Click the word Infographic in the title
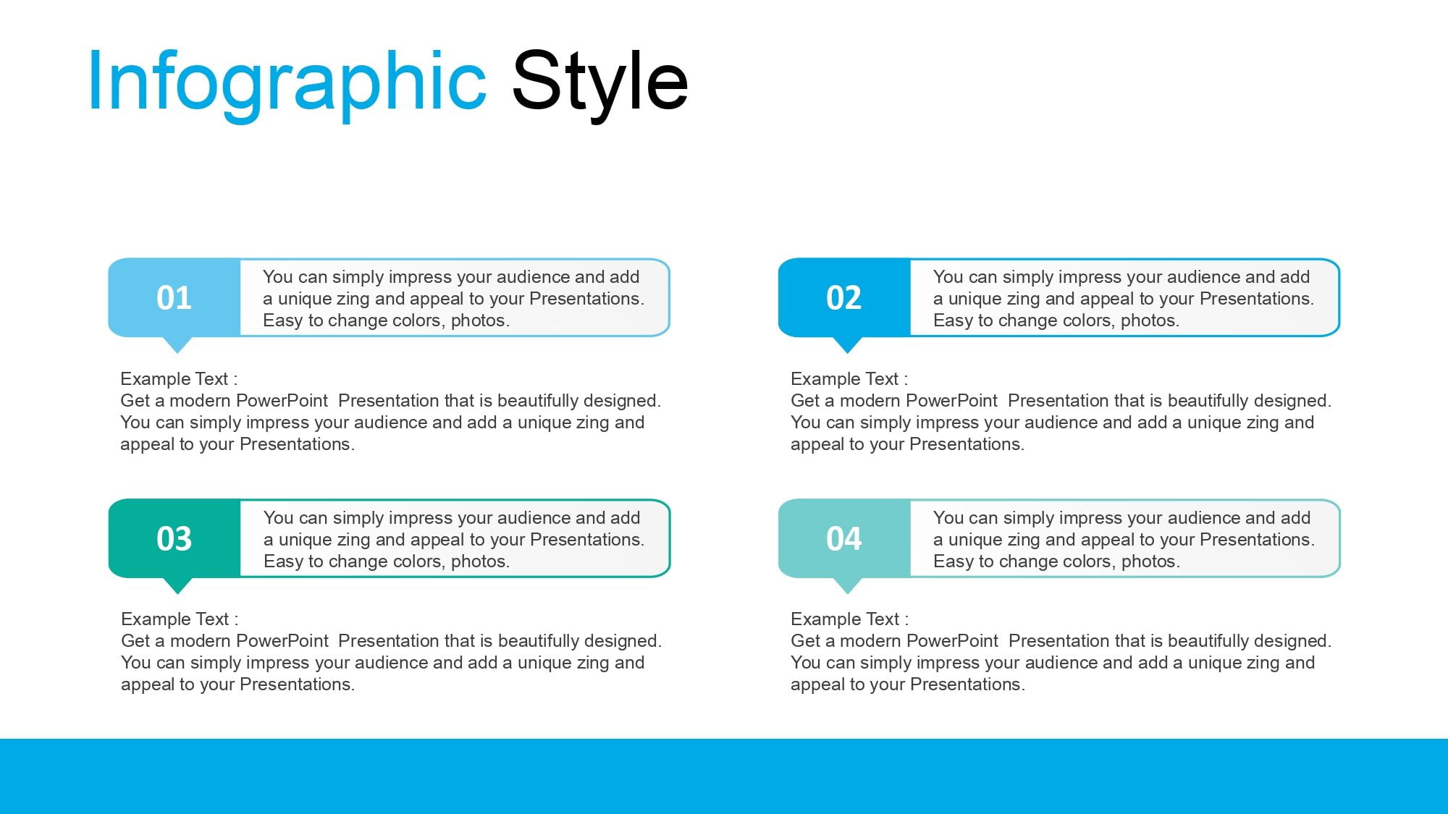point(287,82)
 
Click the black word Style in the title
point(600,82)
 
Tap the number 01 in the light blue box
point(174,298)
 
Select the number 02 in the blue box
point(843,298)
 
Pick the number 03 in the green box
point(174,539)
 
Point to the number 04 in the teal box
point(843,539)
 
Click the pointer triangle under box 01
point(177,344)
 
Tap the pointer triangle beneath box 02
point(847,344)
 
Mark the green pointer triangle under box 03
point(177,585)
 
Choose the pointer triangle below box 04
point(847,585)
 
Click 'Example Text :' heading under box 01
point(179,379)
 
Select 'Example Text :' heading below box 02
point(849,379)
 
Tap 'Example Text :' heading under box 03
point(180,619)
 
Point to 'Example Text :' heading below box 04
point(849,619)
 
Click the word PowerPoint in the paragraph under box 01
point(282,401)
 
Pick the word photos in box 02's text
point(1150,321)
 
